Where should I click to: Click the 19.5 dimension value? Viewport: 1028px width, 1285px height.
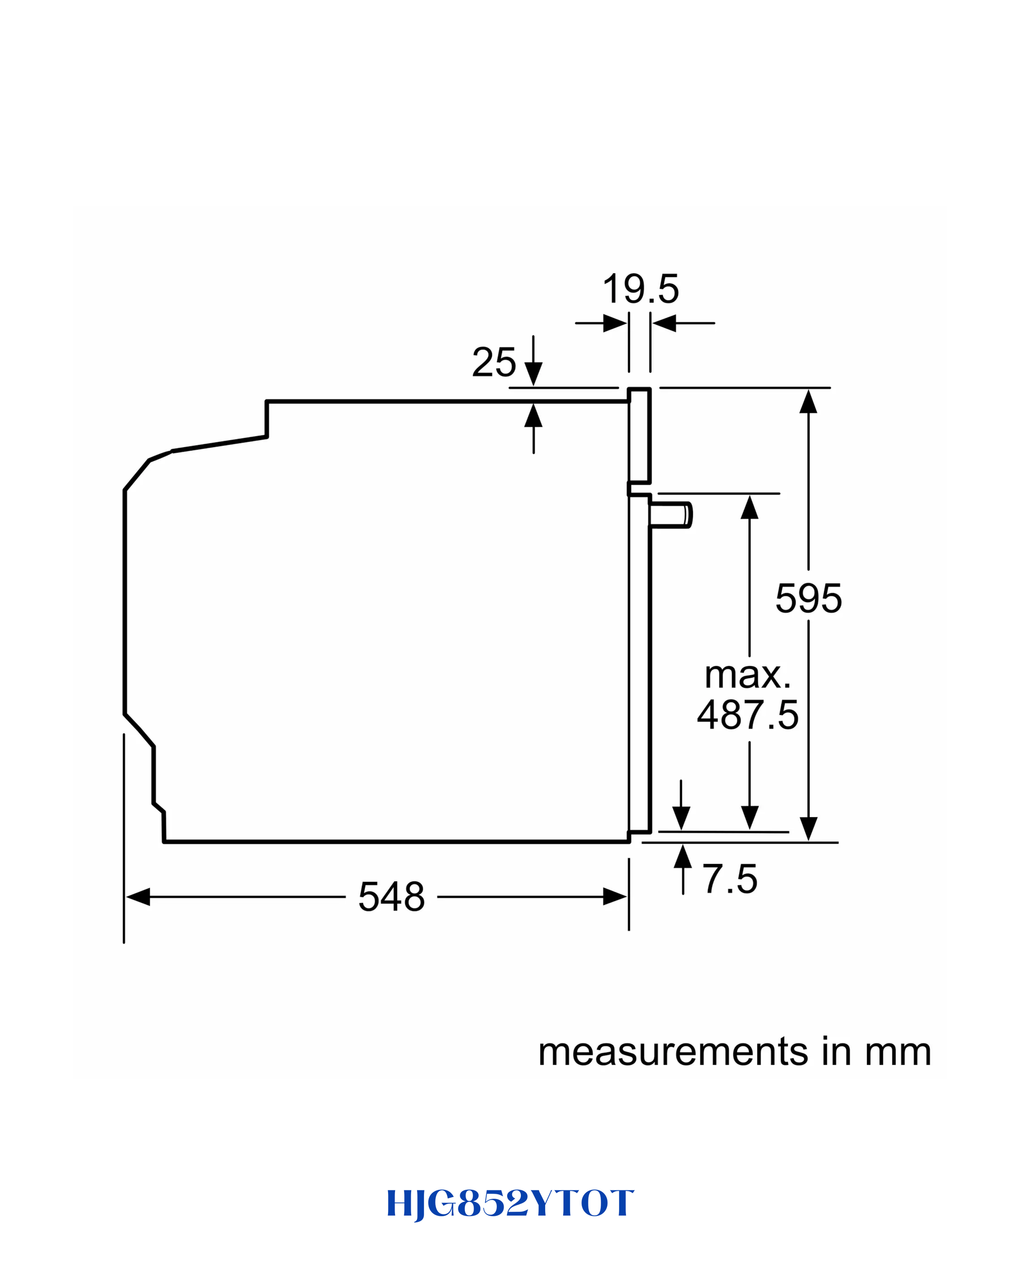point(640,289)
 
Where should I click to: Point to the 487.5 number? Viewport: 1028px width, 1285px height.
point(748,714)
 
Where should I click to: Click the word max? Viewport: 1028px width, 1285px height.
point(748,675)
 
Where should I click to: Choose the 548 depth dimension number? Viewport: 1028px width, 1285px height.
point(392,896)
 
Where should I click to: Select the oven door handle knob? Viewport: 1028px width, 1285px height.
point(671,515)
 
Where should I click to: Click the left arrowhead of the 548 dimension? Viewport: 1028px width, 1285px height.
point(137,896)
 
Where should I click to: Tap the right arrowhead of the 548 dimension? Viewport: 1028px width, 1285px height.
point(615,896)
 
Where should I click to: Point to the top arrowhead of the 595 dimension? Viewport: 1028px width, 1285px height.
point(808,401)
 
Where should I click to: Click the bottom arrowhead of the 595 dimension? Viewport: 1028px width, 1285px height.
point(808,828)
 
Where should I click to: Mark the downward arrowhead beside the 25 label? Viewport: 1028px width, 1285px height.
point(534,374)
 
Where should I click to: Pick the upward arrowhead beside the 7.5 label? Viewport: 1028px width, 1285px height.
point(683,856)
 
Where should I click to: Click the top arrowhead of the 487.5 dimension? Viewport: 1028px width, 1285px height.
point(750,507)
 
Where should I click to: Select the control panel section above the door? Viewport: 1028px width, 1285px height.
point(639,435)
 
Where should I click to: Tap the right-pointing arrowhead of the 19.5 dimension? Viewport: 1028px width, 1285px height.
point(615,323)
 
